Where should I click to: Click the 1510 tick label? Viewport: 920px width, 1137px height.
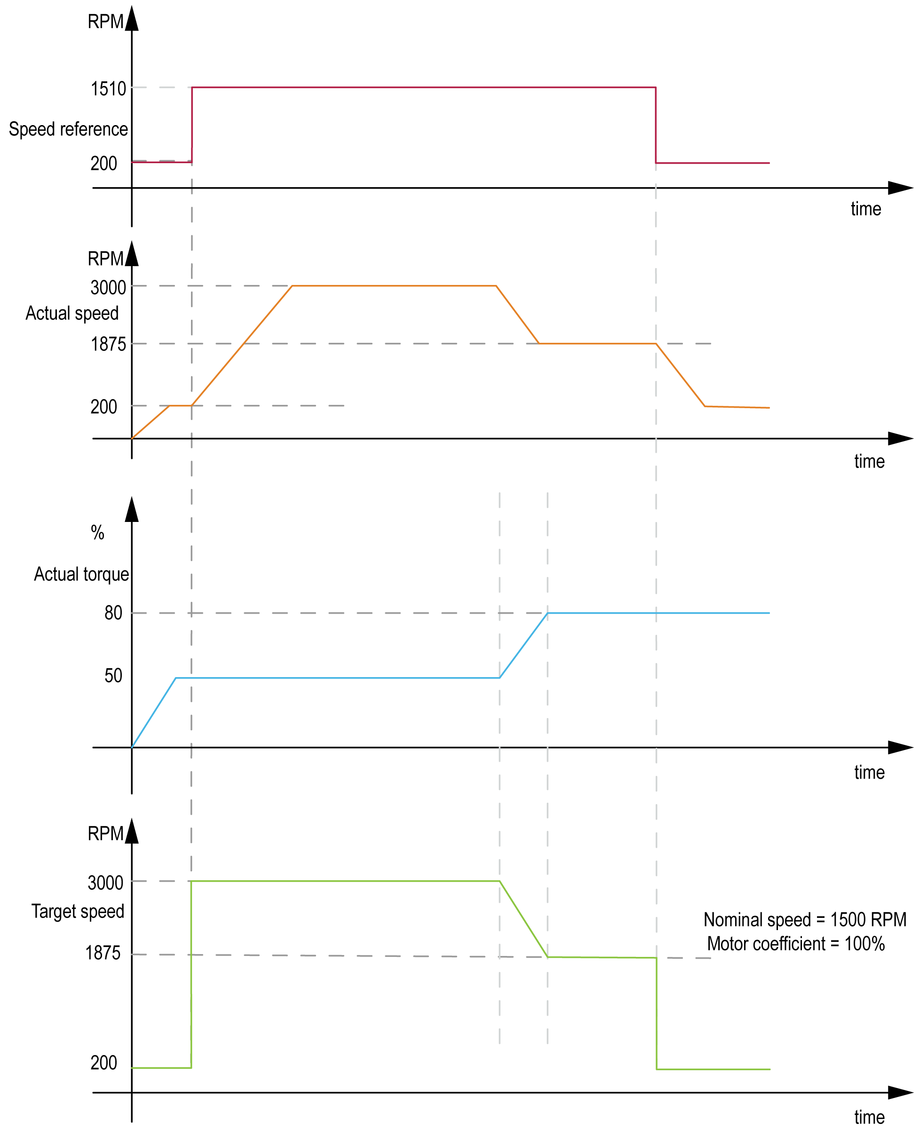108,88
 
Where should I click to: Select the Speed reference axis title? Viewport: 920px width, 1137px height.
68,129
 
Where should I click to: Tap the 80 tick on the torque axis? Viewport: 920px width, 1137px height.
113,613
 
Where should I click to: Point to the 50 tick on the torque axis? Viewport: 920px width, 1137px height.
113,676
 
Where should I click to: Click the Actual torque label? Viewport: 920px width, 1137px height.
81,574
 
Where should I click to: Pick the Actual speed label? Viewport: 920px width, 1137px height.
72,313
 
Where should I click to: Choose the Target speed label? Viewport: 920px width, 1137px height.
78,911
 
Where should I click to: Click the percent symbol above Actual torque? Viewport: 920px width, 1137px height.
97,532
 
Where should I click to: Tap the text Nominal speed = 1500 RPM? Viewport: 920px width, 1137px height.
804,920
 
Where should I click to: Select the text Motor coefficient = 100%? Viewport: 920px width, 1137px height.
795,944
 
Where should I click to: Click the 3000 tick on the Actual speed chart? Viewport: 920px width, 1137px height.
108,287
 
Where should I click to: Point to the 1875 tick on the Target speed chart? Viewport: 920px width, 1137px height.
103,953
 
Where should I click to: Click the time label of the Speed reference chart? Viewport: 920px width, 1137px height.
865,209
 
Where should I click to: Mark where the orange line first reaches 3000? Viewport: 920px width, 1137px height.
292,286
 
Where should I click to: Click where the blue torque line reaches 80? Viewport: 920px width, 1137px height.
547,613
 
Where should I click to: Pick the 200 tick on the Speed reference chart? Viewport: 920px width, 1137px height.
103,163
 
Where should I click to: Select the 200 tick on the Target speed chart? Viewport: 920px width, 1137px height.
103,1063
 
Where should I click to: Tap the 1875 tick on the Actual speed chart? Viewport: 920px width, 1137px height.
108,344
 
